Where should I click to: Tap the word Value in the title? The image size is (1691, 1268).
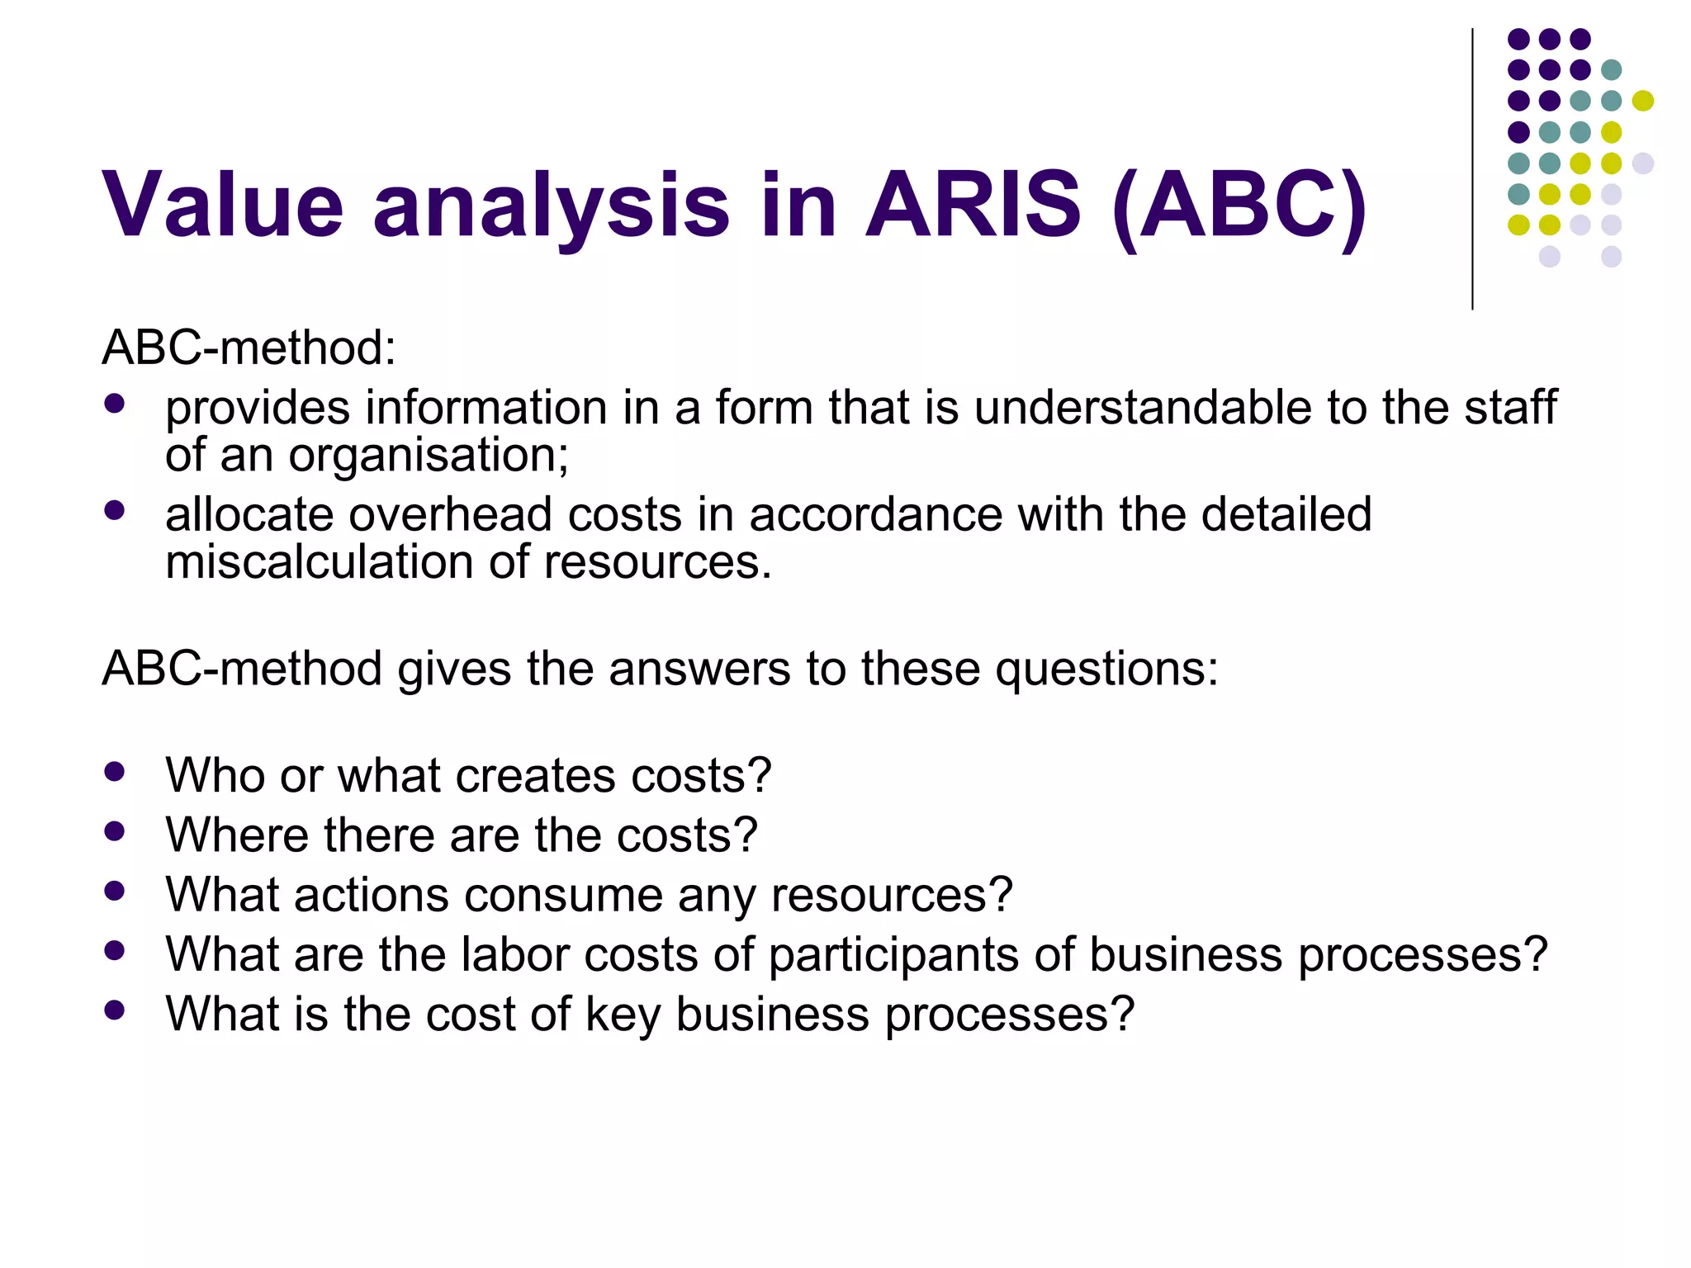222,204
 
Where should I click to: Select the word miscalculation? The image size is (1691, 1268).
319,562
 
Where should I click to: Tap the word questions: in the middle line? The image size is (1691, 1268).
1106,668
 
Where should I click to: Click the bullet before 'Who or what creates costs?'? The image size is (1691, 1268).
115,772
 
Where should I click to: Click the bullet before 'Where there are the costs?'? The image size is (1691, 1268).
115,831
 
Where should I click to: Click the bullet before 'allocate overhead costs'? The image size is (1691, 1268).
115,511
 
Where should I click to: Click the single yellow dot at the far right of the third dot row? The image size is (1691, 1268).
1642,101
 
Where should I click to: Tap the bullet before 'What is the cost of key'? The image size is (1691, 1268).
115,1010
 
